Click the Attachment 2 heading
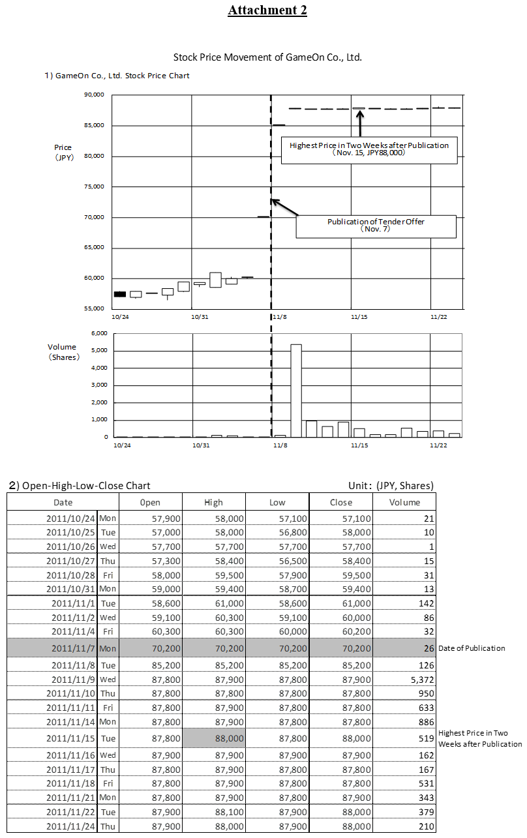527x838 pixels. click(x=267, y=10)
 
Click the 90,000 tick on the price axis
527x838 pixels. click(x=95, y=95)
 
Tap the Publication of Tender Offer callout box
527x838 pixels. click(x=376, y=226)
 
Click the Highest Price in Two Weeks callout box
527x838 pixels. click(x=369, y=149)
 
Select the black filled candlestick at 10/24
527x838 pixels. click(x=120, y=294)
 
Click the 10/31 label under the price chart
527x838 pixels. click(x=199, y=317)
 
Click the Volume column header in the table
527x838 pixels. click(x=404, y=502)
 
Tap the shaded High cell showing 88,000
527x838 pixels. click(x=213, y=738)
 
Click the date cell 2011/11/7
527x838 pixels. click(x=72, y=648)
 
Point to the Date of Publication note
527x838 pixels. click(x=472, y=648)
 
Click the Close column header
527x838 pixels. click(x=340, y=502)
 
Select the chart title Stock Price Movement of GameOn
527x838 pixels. click(x=267, y=57)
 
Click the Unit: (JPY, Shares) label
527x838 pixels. click(x=391, y=485)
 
